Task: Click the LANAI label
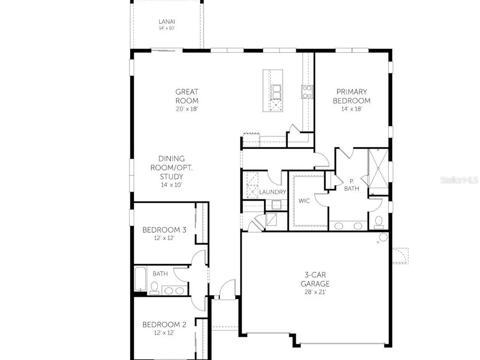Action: pyautogui.click(x=167, y=22)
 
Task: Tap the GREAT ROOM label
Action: pyautogui.click(x=187, y=96)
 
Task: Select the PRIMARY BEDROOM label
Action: pyautogui.click(x=352, y=96)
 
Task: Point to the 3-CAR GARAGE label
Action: pyautogui.click(x=315, y=279)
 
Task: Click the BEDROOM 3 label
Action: pyautogui.click(x=164, y=229)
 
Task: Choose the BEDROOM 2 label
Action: pyautogui.click(x=164, y=324)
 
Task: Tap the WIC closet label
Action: pyautogui.click(x=304, y=201)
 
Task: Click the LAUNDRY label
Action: pyautogui.click(x=273, y=192)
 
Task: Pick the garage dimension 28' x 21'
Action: pyautogui.click(x=315, y=292)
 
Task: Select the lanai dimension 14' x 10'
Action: pyautogui.click(x=167, y=28)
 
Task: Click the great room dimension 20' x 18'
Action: pyautogui.click(x=187, y=108)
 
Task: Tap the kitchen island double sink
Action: pyautogui.click(x=276, y=92)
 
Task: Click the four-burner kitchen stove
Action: pyautogui.click(x=307, y=92)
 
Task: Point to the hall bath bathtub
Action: pyautogui.click(x=141, y=279)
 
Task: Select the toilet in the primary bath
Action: pyautogui.click(x=379, y=222)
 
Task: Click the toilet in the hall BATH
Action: pyautogui.click(x=154, y=288)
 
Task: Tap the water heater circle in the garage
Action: pyautogui.click(x=383, y=237)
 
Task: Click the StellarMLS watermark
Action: pyautogui.click(x=459, y=180)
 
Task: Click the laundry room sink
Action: pyautogui.click(x=276, y=204)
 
